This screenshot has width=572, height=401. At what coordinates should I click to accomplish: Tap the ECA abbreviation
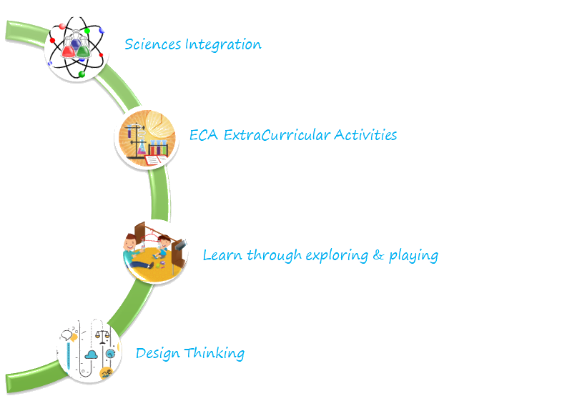coord(204,134)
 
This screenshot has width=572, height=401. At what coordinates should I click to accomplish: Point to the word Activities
coord(365,134)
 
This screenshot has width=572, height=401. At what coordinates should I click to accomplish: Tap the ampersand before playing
coord(379,255)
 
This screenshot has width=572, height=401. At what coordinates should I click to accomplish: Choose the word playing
coord(413,256)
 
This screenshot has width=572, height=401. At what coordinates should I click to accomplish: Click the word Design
coord(157,353)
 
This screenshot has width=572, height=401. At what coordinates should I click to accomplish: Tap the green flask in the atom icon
coord(84,48)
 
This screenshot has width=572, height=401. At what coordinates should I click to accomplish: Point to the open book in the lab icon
coord(156,161)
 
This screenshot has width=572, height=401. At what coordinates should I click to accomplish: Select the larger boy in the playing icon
coord(132,250)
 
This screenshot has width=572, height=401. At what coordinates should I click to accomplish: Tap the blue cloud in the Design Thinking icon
coord(92,354)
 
